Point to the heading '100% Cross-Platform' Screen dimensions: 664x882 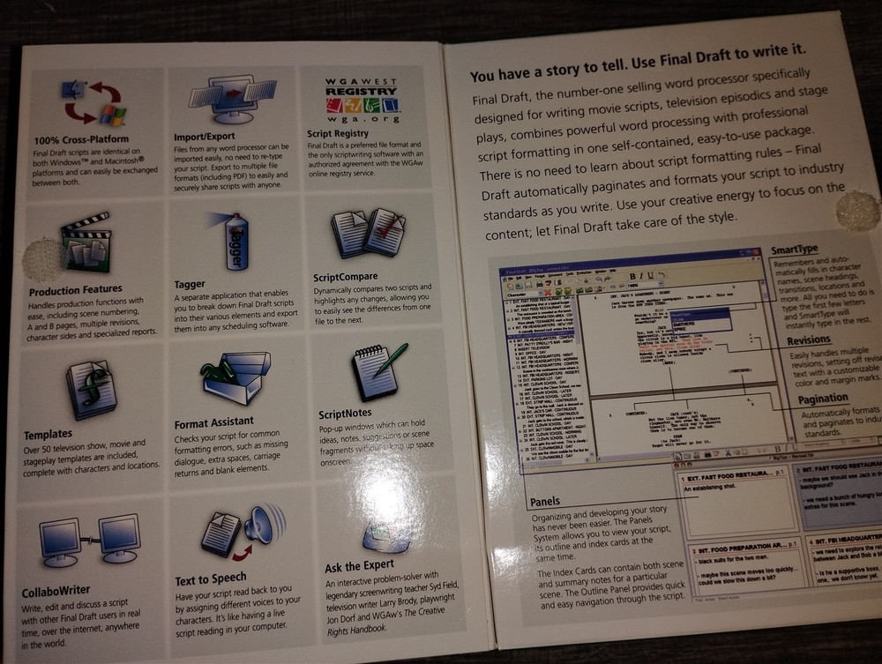click(81, 139)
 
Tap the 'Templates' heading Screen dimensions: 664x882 click(49, 434)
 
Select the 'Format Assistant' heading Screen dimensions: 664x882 click(214, 422)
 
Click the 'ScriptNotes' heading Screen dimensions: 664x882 click(345, 413)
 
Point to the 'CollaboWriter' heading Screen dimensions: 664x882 click(60, 590)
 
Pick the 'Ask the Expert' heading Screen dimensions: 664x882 click(359, 566)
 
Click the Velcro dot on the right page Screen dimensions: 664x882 click(853, 211)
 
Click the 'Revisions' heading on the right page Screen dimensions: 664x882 click(808, 340)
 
